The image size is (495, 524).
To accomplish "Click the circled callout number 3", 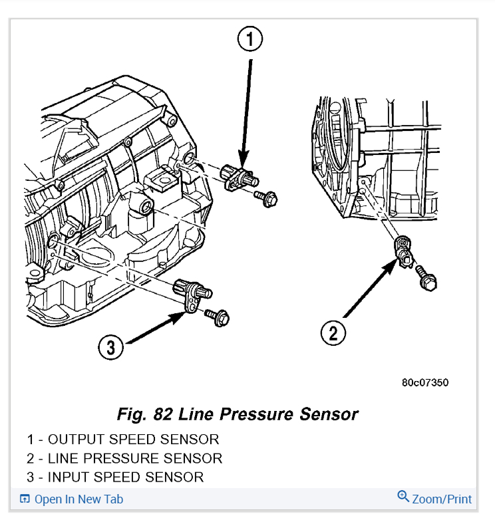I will click(x=111, y=346).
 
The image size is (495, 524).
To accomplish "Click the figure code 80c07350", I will click(x=424, y=383).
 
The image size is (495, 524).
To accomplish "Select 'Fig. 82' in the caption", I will click(x=143, y=414).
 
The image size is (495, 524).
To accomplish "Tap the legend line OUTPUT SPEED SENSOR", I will click(x=123, y=439).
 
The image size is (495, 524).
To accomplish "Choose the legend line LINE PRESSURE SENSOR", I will click(x=124, y=458).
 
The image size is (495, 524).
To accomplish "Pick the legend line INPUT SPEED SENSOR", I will click(x=115, y=477).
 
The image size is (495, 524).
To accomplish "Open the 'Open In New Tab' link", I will click(x=78, y=499).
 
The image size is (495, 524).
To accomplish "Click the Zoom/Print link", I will click(x=442, y=499).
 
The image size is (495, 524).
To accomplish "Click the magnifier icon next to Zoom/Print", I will click(x=403, y=497).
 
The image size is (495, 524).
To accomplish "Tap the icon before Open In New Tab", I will click(x=25, y=499).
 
